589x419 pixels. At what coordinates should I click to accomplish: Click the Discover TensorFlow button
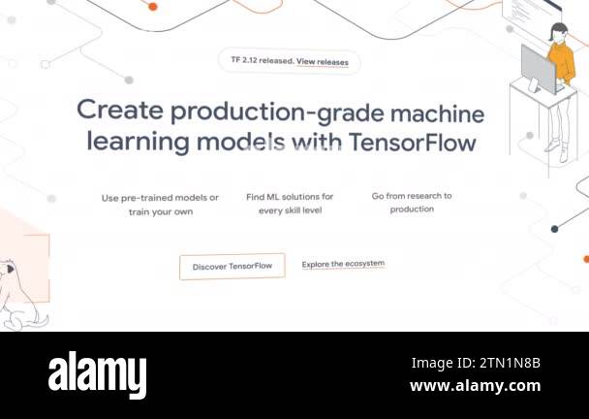(232, 267)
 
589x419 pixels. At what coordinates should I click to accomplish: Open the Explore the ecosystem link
(343, 264)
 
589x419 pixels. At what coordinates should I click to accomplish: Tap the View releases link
(323, 62)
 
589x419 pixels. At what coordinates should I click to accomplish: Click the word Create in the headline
(120, 110)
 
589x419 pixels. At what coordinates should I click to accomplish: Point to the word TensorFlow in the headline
(413, 143)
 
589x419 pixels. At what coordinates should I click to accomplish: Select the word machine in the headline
(437, 114)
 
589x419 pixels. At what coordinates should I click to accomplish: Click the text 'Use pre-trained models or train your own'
(161, 205)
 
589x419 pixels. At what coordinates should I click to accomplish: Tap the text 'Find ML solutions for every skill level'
(290, 204)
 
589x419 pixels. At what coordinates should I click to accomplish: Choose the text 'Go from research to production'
(412, 203)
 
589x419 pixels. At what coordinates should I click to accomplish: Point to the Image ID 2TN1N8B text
(476, 363)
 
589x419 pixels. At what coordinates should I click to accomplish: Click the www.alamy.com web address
(476, 386)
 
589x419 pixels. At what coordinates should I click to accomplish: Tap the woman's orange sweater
(561, 62)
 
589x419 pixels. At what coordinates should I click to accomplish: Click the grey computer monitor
(538, 71)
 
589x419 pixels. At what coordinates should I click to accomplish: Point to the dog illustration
(18, 294)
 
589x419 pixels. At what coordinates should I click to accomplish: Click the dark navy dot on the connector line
(554, 229)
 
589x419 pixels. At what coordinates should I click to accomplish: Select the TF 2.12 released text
(263, 60)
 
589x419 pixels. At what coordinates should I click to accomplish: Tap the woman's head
(559, 32)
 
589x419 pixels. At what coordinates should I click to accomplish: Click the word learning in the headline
(138, 143)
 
